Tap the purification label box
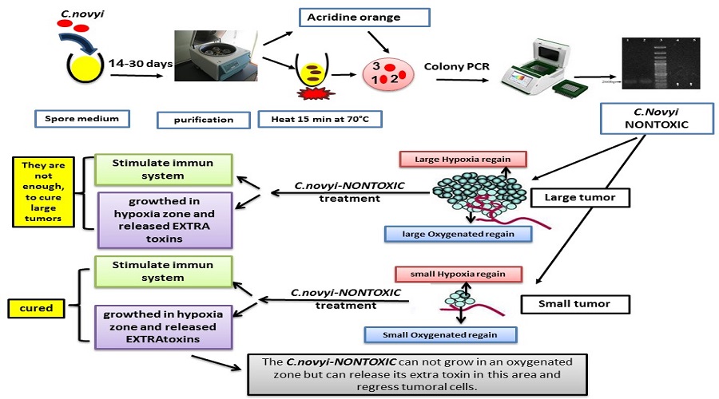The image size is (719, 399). point(204,120)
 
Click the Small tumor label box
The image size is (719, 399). point(575,303)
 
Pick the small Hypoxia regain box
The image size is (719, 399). point(455,274)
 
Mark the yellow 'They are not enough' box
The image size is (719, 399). point(41,190)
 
